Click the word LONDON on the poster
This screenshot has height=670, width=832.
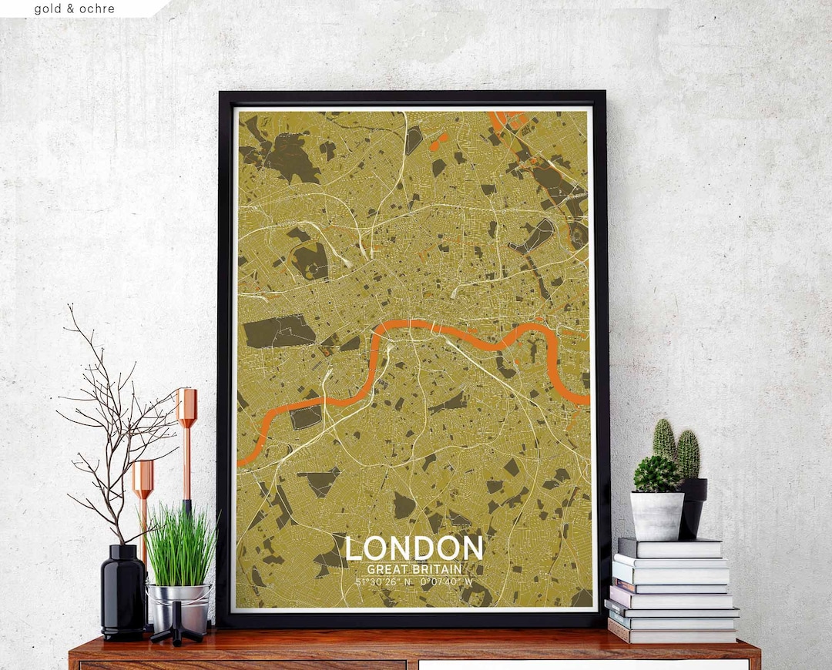414,548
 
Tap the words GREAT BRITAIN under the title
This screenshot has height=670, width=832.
414,568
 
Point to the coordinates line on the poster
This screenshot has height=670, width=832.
414,581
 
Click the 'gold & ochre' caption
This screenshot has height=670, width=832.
74,9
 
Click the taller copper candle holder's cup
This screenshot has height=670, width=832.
186,407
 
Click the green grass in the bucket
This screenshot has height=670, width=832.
180,543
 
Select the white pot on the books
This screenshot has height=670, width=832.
657,515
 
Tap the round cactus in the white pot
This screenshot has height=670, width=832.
656,474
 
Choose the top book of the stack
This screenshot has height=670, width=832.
670,548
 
